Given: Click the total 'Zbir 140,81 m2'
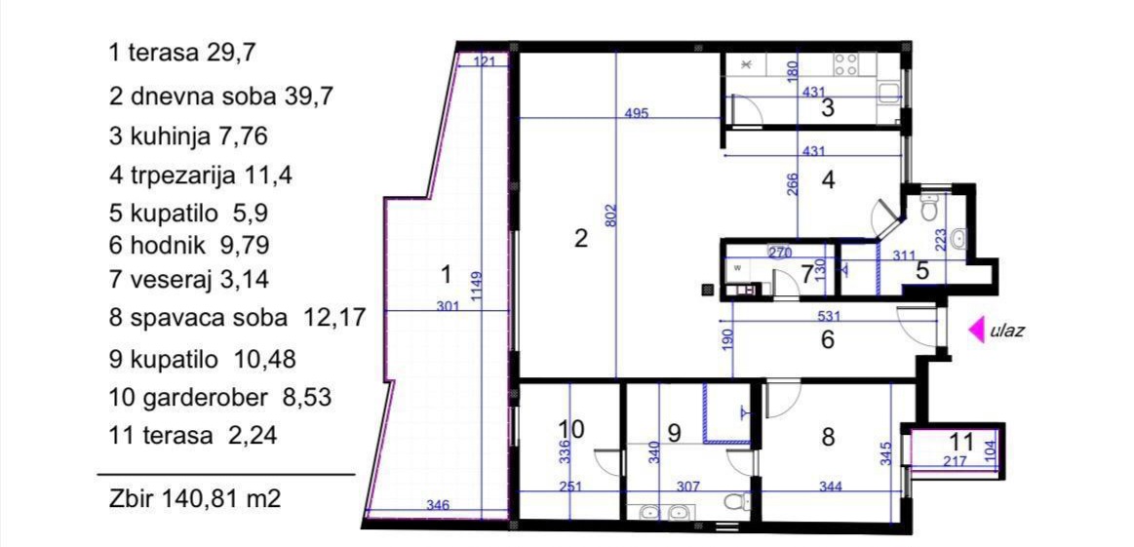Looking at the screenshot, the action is pos(195,498).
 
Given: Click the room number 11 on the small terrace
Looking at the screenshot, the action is pos(961,442).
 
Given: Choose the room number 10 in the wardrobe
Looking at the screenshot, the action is pos(571,428).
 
